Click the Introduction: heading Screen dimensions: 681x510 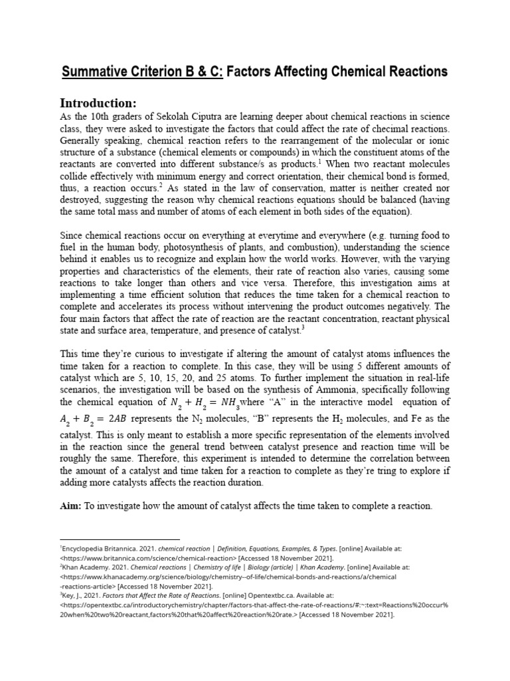pyautogui.click(x=98, y=103)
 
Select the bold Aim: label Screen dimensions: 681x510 pyautogui.click(x=72, y=506)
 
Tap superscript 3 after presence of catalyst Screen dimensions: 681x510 pyautogui.click(x=302, y=325)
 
